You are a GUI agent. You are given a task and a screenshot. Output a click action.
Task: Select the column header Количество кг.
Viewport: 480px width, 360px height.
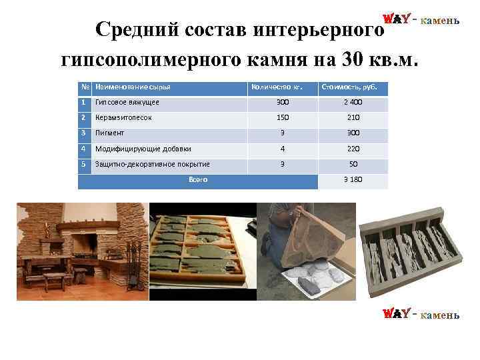[272, 87]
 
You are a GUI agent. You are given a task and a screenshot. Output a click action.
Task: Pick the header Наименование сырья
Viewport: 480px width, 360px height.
[133, 87]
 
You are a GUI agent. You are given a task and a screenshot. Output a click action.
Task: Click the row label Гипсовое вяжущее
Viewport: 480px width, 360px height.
[127, 103]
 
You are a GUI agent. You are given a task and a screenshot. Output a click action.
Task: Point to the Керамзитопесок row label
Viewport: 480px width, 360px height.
[124, 117]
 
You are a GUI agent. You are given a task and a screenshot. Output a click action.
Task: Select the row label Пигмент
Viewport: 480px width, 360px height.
[110, 133]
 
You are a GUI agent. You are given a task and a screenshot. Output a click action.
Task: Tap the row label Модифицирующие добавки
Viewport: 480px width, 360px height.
[143, 149]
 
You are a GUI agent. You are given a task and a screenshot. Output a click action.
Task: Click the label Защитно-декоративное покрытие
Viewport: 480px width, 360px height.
[153, 164]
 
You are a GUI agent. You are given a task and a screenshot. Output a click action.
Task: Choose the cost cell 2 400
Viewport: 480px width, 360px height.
[353, 103]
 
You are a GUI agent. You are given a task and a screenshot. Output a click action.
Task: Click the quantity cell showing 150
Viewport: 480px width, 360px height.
[283, 117]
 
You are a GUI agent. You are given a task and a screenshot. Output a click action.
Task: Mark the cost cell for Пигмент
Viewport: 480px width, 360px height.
[353, 133]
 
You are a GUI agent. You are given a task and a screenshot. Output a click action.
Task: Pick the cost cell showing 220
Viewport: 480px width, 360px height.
[353, 149]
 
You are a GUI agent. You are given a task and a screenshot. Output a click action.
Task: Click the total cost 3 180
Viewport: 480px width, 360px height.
[353, 180]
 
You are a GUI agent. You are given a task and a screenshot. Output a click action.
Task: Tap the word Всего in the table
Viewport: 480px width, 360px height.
[198, 179]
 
